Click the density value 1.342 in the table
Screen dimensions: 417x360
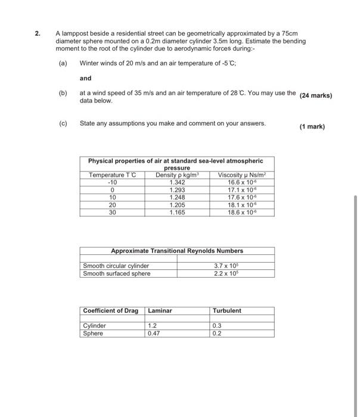(x=177, y=182)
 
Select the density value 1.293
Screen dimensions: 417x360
(x=177, y=189)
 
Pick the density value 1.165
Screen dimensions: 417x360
(x=177, y=211)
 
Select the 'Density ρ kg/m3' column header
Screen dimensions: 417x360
(x=177, y=175)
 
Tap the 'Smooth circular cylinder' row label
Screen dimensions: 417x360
(x=116, y=266)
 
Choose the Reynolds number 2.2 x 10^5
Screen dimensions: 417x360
(x=226, y=273)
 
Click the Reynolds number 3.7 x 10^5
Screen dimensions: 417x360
(x=226, y=266)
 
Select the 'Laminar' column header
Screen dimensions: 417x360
(x=160, y=310)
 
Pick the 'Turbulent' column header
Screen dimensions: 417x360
(x=226, y=310)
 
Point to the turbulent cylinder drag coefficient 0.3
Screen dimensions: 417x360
(x=216, y=326)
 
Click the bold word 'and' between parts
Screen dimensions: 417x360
(x=85, y=77)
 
